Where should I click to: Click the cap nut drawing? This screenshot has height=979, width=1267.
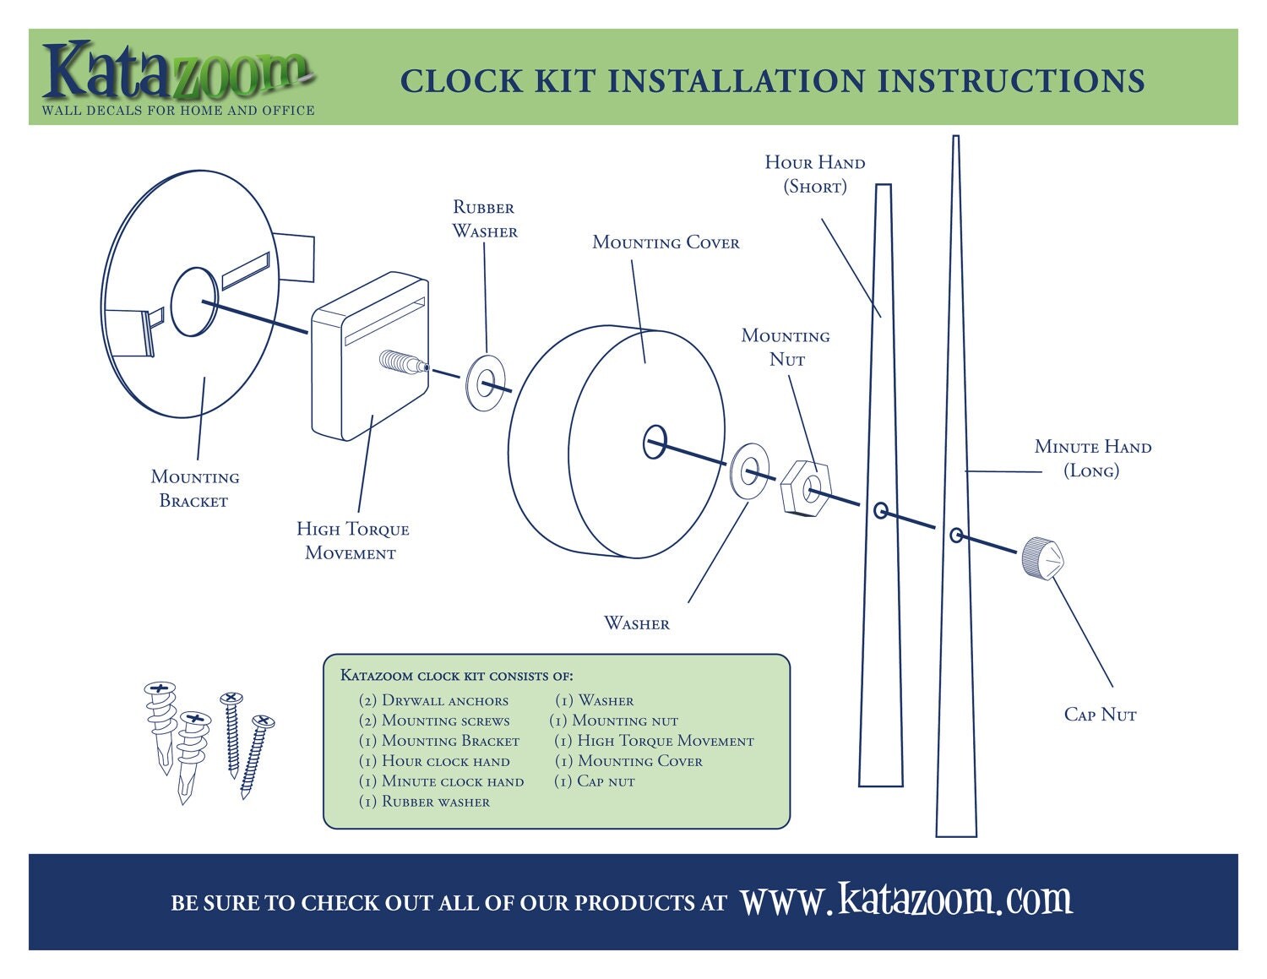click(1041, 558)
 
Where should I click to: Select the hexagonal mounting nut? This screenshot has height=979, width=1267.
click(806, 487)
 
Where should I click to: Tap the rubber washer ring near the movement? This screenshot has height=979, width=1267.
click(486, 383)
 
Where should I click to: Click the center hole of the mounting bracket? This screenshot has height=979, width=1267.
click(194, 302)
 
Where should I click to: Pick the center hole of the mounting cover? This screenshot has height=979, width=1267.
click(655, 442)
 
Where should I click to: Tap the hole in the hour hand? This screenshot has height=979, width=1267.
click(880, 510)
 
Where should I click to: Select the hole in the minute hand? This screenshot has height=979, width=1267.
click(956, 535)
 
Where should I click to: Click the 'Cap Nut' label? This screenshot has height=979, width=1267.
click(1100, 715)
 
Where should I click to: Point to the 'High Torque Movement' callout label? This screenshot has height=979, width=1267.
click(352, 541)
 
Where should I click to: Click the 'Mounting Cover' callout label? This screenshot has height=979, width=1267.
click(666, 242)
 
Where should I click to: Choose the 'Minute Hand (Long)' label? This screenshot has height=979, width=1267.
click(1092, 458)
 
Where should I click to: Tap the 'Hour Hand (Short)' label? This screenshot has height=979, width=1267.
click(814, 174)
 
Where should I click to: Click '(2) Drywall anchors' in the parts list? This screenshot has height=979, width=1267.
click(433, 700)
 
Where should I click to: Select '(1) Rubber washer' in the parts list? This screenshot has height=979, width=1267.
click(424, 802)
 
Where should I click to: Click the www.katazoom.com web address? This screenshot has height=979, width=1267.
click(906, 900)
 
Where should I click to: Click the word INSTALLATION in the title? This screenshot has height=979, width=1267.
click(737, 81)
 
